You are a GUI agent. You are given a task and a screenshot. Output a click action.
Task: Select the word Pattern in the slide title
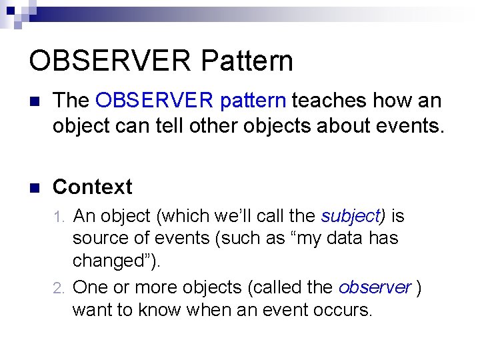coord(246,61)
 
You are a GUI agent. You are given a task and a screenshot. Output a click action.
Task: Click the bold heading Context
coord(92,187)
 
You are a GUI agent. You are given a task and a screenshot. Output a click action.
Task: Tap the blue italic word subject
coord(350,217)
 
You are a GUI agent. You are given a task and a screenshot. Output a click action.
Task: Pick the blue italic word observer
coord(375,287)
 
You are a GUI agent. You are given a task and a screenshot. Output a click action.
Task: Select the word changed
coord(111,261)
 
